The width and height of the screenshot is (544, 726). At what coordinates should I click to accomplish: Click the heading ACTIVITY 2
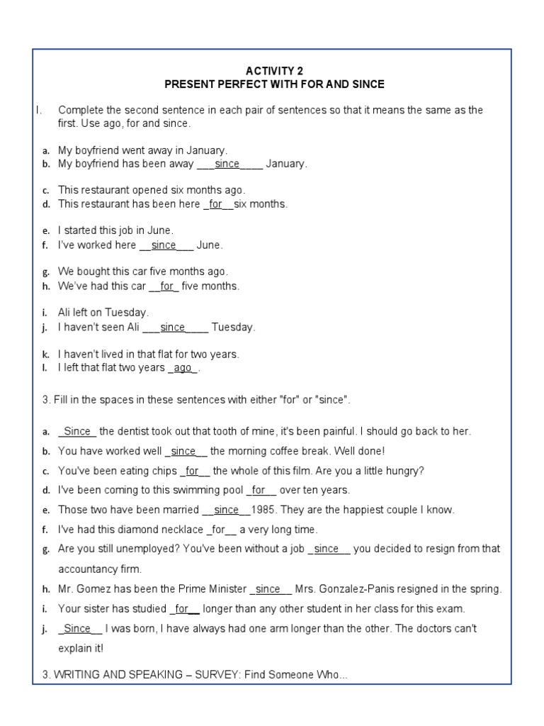point(274,71)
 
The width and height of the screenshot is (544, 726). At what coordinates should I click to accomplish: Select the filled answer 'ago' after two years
point(183,368)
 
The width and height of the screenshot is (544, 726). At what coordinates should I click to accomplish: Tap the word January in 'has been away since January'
point(286,164)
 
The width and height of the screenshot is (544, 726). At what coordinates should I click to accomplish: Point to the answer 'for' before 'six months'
point(216,204)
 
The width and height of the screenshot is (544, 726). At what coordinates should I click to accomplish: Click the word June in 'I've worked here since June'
point(210,245)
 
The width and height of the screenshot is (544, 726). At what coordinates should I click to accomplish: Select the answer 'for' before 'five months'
point(167,286)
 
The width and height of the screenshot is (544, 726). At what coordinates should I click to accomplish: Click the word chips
point(161,471)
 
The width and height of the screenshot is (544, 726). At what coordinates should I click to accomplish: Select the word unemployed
point(139,549)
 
